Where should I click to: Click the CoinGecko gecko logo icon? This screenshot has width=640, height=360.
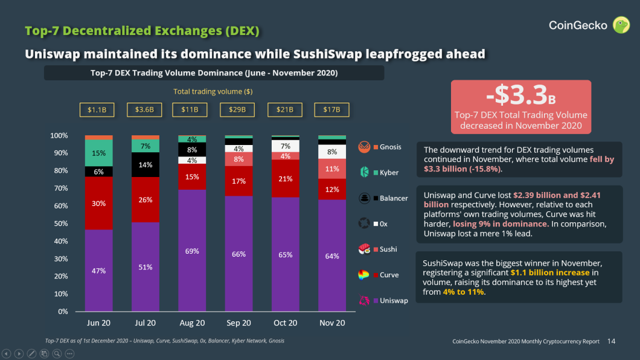point(621,25)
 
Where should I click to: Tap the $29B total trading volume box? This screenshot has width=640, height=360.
point(237,110)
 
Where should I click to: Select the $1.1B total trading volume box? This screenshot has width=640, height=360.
point(97,110)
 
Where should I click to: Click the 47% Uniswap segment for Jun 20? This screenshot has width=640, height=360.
point(99,270)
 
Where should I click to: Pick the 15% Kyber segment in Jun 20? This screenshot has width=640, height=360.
point(99,153)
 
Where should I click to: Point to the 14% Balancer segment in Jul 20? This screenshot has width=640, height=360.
point(146,164)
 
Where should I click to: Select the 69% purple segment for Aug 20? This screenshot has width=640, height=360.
point(192,251)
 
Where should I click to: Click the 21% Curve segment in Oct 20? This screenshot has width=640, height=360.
point(286,178)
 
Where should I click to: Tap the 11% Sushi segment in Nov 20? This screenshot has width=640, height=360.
point(332,169)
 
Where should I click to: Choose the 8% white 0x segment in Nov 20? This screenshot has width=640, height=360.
point(332,152)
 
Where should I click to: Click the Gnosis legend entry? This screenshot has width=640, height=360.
point(380,147)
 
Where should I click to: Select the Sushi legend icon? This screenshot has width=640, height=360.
point(364,249)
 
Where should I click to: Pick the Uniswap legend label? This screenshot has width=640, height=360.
point(394,300)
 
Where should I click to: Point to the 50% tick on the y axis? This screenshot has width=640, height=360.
point(59,223)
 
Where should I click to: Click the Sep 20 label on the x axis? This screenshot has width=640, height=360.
point(238,323)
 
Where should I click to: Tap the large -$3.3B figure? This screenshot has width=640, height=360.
point(520,95)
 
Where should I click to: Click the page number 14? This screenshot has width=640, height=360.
point(611,341)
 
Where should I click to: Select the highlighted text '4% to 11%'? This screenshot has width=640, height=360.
point(463,292)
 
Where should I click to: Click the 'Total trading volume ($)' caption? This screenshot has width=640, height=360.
point(213,91)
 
